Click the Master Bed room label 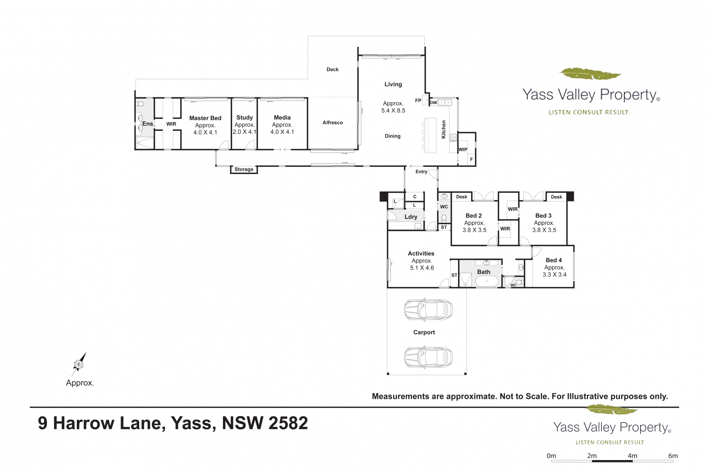[x=205, y=118]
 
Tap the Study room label [x=245, y=117]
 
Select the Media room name [x=282, y=117]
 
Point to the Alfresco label [x=333, y=123]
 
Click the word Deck [x=332, y=69]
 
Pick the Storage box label [x=244, y=169]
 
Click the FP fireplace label [x=418, y=101]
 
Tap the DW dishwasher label [x=433, y=103]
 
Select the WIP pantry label [x=463, y=149]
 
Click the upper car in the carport [x=428, y=309]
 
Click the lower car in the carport [x=428, y=357]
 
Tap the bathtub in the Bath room [x=487, y=281]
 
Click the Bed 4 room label [x=554, y=260]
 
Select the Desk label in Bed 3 [x=557, y=197]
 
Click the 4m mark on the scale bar [x=633, y=456]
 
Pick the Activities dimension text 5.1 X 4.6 [x=422, y=268]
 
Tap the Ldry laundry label [x=411, y=217]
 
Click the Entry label [x=421, y=172]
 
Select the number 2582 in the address [x=288, y=423]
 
